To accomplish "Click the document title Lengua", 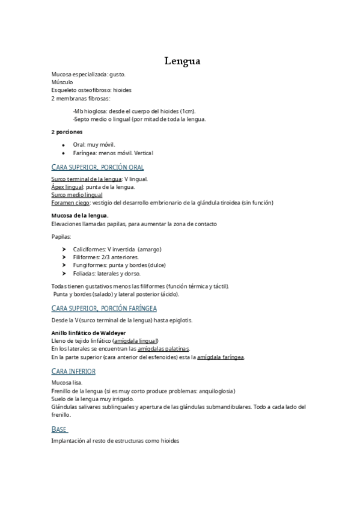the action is click(183, 61).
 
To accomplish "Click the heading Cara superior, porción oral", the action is click(97, 167).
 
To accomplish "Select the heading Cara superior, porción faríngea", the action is click(104, 309).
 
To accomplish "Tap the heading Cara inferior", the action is click(73, 371).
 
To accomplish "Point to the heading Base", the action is click(59, 429).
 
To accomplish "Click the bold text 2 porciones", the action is click(67, 132).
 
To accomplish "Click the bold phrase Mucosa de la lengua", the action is click(79, 215).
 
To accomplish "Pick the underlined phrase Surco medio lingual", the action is click(76, 195).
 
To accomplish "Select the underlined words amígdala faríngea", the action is click(221, 357).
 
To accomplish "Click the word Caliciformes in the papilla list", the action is click(89, 249).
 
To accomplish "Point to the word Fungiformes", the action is click(90, 265).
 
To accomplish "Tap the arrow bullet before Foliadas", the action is click(64, 273).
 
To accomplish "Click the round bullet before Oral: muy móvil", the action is click(63, 145).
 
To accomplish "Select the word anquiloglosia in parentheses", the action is click(216, 390).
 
